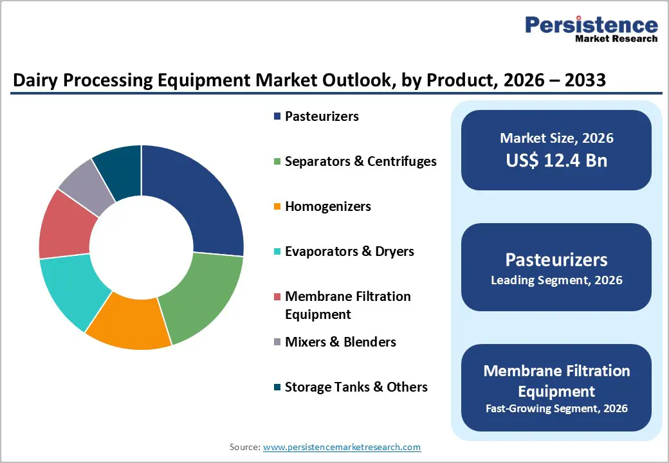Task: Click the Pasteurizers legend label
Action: pos(322,116)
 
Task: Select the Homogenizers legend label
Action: pos(327,206)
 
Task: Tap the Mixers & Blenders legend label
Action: pos(340,342)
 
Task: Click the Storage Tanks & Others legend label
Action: pos(356,387)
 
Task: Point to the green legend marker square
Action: pos(277,162)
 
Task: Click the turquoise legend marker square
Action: pos(277,252)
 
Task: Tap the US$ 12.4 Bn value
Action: pos(556,160)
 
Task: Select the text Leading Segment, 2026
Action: pos(556,280)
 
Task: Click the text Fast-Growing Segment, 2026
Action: pos(556,408)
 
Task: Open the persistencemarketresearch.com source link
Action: pos(342,447)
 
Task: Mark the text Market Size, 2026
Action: pos(556,138)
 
